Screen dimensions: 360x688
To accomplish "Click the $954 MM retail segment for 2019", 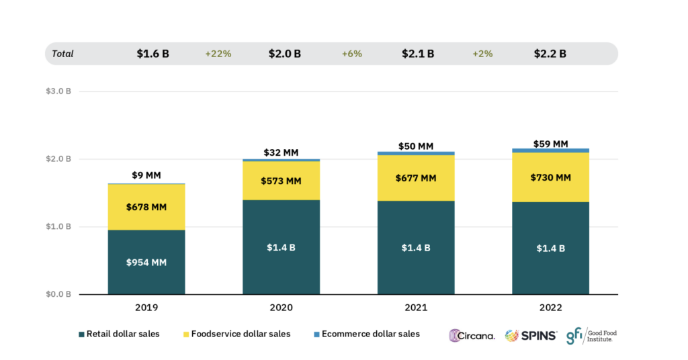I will click(146, 262).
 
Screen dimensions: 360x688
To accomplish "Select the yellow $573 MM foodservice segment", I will click(282, 181).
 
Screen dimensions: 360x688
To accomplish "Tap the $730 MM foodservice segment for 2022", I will click(550, 177).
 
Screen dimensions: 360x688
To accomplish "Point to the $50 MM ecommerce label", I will click(416, 146).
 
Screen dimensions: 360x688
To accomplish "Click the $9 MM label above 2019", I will click(146, 175).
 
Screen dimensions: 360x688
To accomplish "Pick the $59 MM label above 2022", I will click(550, 143).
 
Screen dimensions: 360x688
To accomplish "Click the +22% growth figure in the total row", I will click(218, 54).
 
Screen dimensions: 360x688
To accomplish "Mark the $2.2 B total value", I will click(550, 54).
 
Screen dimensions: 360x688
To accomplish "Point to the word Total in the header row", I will click(62, 54).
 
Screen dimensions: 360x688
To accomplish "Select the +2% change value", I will click(482, 54).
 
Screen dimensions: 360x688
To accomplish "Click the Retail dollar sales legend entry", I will click(120, 334).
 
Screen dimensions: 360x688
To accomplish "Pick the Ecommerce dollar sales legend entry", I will click(365, 334).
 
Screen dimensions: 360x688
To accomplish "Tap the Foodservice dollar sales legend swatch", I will click(184, 334).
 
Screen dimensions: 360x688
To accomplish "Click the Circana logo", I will click(472, 335).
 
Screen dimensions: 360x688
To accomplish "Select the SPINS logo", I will click(531, 335).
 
